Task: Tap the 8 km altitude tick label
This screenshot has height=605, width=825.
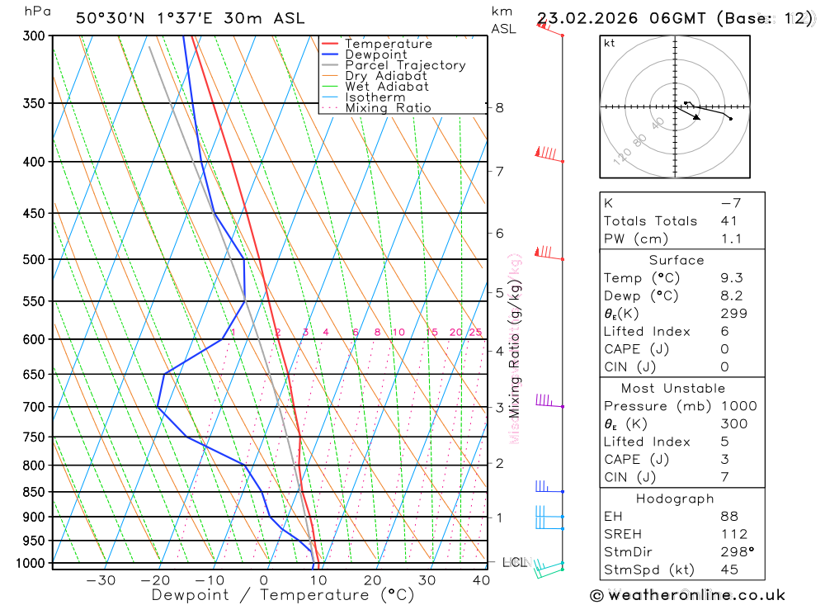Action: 499,107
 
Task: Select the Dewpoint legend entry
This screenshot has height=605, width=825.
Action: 375,54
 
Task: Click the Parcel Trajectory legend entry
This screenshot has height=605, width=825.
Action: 404,65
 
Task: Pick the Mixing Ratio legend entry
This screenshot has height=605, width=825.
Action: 388,108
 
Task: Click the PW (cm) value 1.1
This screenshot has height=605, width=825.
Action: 731,239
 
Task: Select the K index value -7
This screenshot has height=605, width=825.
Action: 731,203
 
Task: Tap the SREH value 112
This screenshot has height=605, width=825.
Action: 733,534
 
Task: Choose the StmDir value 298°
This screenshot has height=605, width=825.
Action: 735,551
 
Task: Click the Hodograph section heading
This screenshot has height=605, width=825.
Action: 675,499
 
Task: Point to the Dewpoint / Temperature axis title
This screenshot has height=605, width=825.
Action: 283,594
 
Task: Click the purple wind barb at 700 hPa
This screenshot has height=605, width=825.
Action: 544,400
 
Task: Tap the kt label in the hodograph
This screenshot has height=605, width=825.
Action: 610,43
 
